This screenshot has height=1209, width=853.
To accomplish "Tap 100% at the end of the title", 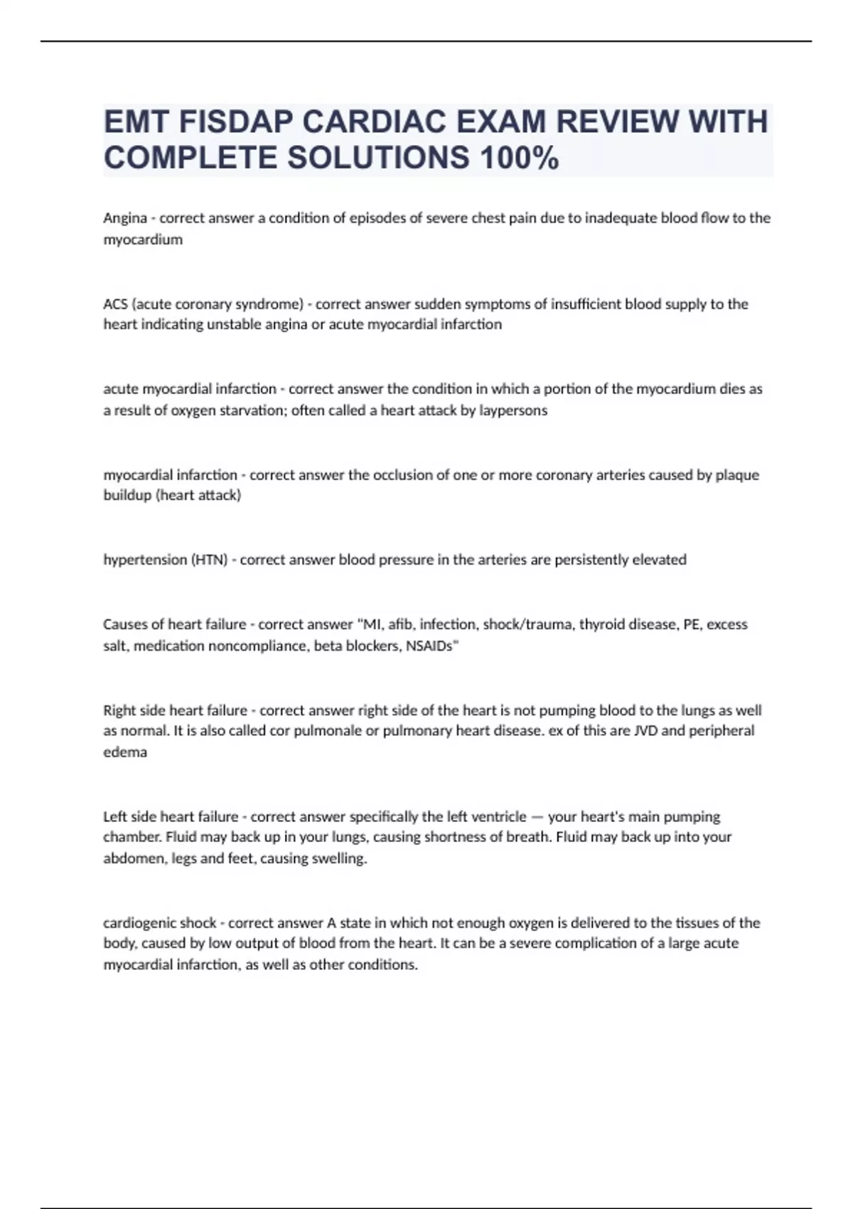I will click(519, 158).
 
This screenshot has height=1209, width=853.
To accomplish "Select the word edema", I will click(125, 752).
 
